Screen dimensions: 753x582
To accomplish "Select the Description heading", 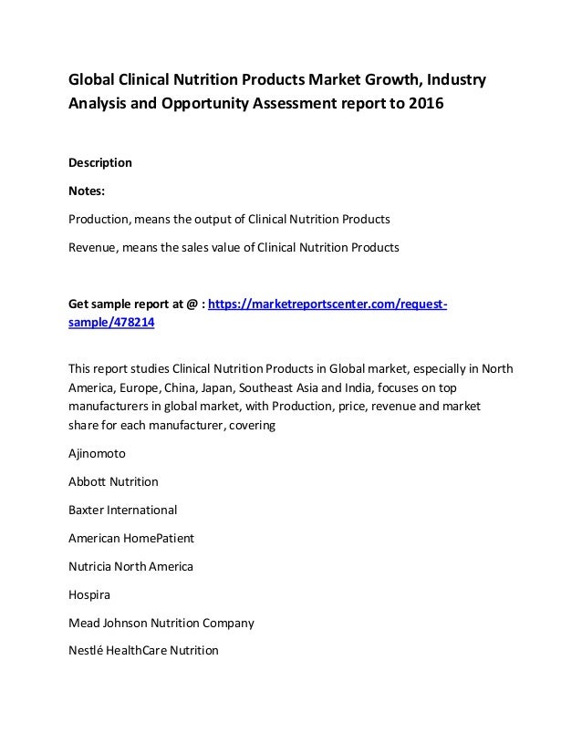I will tap(100, 162).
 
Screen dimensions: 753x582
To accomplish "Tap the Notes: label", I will tap(89, 191).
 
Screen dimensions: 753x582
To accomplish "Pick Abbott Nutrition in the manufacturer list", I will tap(113, 481).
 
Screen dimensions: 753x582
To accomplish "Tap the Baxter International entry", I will tap(122, 510).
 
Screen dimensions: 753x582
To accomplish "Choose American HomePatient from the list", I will tap(130, 538).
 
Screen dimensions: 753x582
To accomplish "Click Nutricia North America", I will tap(130, 566).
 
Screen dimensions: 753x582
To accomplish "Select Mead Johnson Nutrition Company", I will tap(161, 623).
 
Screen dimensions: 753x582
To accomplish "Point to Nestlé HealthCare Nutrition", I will tap(143, 651).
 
